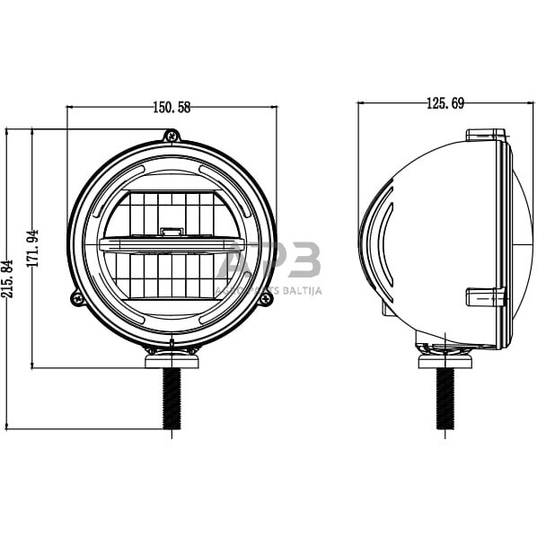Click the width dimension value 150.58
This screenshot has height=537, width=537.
point(172,108)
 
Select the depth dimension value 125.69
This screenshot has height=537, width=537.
point(445,104)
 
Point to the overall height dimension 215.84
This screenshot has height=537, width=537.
point(10,277)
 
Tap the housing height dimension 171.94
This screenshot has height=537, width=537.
point(35,249)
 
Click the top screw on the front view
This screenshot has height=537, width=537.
point(172,136)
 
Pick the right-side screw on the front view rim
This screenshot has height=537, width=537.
point(265,298)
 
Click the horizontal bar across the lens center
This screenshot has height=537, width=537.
point(172,244)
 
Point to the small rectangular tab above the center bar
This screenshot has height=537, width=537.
point(171,233)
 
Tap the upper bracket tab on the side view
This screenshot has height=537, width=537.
point(486,136)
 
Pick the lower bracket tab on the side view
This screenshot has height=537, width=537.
point(486,296)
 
